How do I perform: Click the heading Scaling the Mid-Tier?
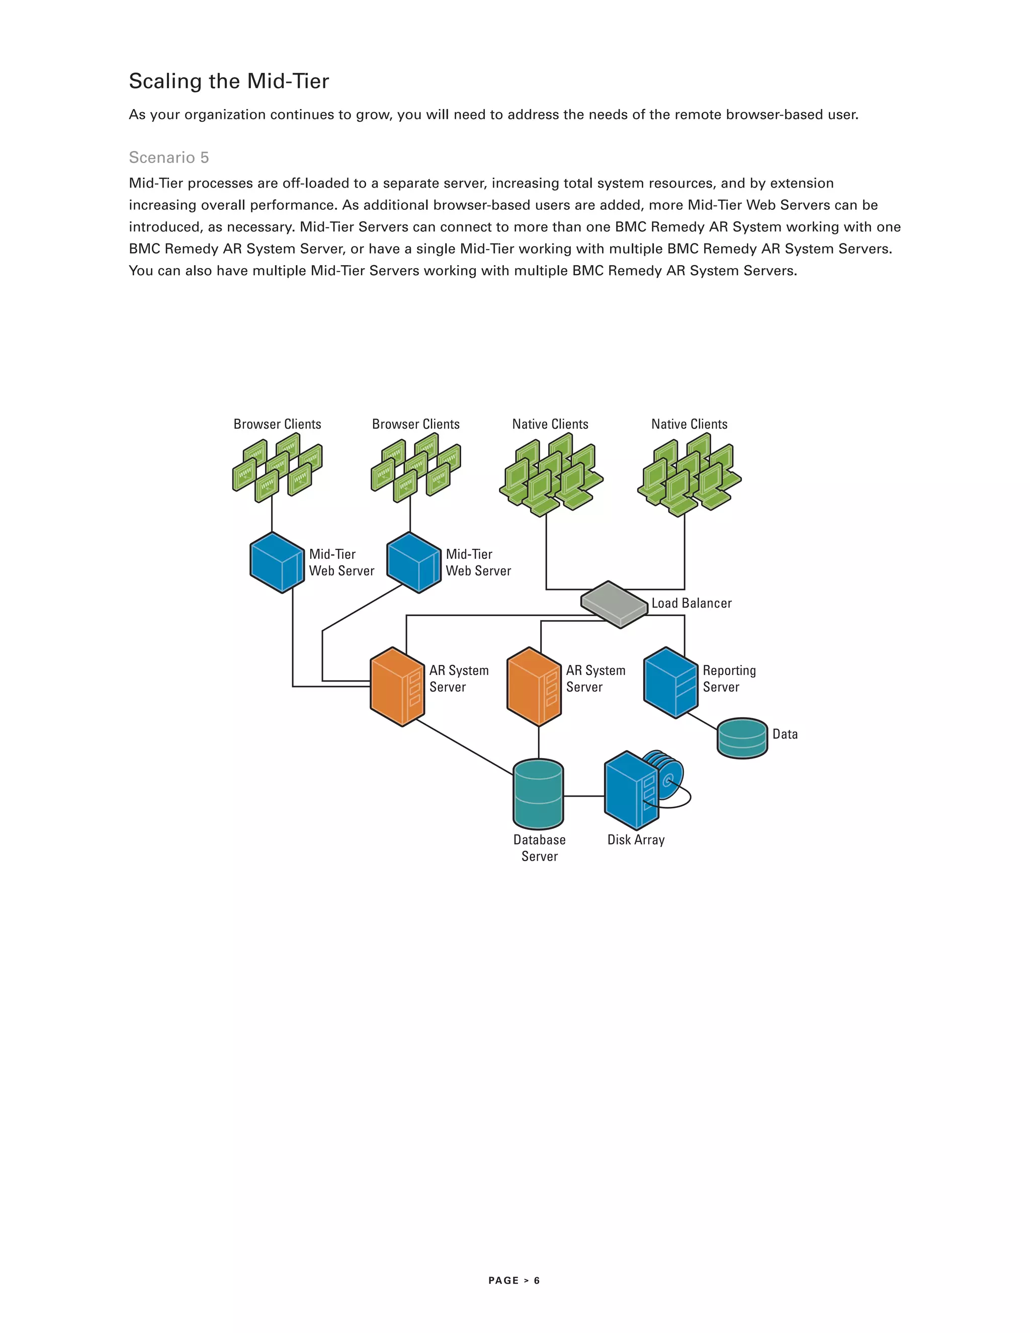pyautogui.click(x=229, y=81)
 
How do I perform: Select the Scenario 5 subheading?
pyautogui.click(x=169, y=157)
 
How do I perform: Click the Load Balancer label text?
pyautogui.click(x=692, y=603)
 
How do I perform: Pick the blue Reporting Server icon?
pyautogui.click(x=670, y=683)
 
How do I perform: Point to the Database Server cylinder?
pyautogui.click(x=538, y=793)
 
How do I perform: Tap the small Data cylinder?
pyautogui.click(x=742, y=738)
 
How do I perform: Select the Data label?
pyautogui.click(x=785, y=734)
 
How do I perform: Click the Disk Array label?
pyautogui.click(x=636, y=840)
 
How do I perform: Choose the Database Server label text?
pyautogui.click(x=540, y=848)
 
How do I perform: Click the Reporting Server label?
pyautogui.click(x=729, y=679)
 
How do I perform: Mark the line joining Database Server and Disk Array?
pyautogui.click(x=583, y=796)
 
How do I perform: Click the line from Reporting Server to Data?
pyautogui.click(x=702, y=721)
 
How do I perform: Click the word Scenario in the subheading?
pyautogui.click(x=162, y=157)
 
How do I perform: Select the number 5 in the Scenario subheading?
pyautogui.click(x=204, y=157)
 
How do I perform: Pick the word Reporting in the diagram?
pyautogui.click(x=729, y=670)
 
